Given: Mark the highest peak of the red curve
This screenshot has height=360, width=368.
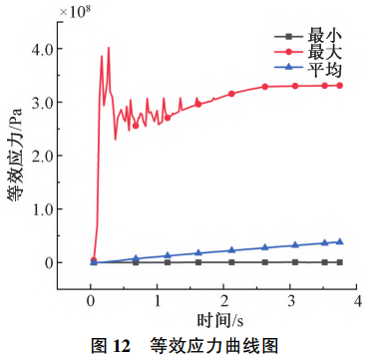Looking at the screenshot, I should pos(109,47).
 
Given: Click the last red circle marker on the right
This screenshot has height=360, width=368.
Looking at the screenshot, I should pos(339,86).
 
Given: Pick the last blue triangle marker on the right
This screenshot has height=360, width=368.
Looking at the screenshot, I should pos(339,241).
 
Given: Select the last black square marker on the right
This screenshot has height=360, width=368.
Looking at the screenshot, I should pos(339,262).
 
